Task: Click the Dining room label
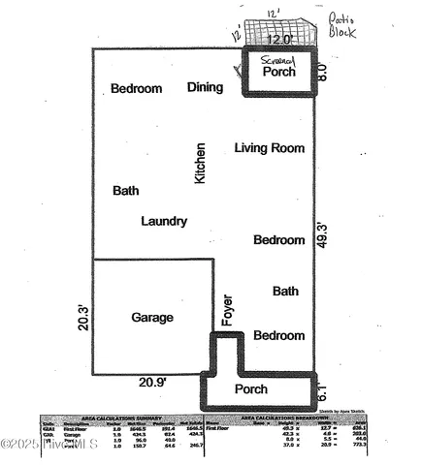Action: pyautogui.click(x=205, y=87)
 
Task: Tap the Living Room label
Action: pyautogui.click(x=270, y=148)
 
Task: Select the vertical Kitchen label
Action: pyautogui.click(x=201, y=164)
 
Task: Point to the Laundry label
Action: pyautogui.click(x=164, y=222)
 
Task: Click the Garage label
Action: pyautogui.click(x=152, y=318)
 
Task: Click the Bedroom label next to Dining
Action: pyautogui.click(x=136, y=89)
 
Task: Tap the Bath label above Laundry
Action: pyautogui.click(x=126, y=191)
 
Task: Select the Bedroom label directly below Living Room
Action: pyautogui.click(x=279, y=240)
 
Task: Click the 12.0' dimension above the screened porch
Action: pyautogui.click(x=279, y=41)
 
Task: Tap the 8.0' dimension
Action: pyautogui.click(x=324, y=71)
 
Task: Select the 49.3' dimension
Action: pyautogui.click(x=324, y=236)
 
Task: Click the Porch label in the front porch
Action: pyautogui.click(x=251, y=389)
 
